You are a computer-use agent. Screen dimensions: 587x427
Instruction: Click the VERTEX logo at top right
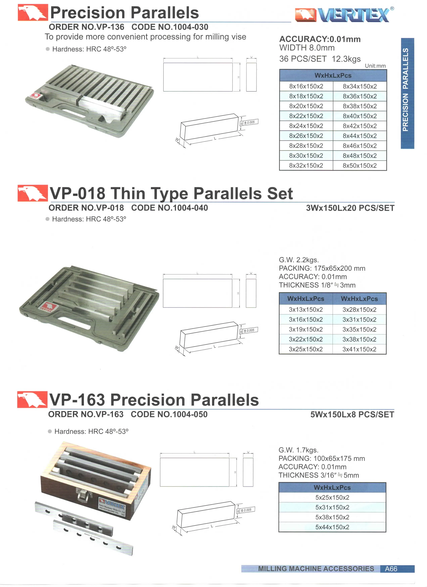[344, 15]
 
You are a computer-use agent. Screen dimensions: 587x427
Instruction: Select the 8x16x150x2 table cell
[306, 86]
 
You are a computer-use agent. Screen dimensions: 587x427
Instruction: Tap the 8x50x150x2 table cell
[360, 165]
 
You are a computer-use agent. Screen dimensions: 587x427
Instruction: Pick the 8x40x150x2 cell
[360, 116]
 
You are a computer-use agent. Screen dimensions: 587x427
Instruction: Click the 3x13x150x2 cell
[306, 310]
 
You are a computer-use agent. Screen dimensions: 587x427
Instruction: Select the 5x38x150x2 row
[332, 517]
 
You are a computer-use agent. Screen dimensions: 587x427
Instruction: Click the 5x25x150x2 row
[332, 497]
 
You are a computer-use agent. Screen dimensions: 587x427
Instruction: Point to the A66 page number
[391, 569]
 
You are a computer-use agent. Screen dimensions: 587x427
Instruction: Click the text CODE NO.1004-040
[169, 208]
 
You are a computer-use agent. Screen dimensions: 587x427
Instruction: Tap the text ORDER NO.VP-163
[86, 414]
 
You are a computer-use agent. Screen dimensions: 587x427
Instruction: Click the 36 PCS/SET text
[303, 59]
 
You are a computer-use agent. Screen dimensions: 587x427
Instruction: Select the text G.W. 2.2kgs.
[299, 260]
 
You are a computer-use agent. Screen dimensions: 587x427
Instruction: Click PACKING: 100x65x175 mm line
[321, 458]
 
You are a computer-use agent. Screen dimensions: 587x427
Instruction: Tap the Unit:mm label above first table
[375, 66]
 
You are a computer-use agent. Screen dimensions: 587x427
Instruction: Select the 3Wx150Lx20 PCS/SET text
[350, 208]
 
